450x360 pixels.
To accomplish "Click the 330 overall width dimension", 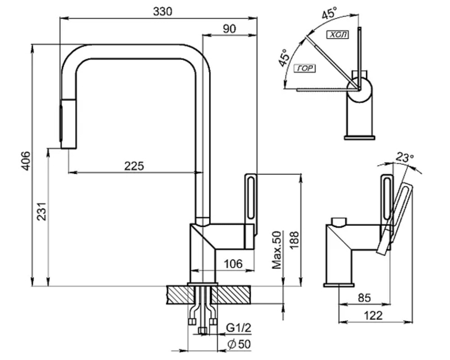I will tap(162, 12).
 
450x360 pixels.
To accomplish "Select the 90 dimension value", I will tap(229, 29).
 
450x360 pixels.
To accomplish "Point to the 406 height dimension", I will tap(26, 160).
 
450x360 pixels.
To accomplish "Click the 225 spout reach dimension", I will tap(134, 166).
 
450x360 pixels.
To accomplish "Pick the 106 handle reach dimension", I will tap(233, 264).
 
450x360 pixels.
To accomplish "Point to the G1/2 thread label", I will tap(238, 328).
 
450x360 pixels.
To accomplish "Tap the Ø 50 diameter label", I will tap(239, 344).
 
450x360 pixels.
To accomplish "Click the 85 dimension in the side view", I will tap(364, 297).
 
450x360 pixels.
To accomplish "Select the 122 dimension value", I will tap(373, 315).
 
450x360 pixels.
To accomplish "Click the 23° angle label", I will tap(405, 157).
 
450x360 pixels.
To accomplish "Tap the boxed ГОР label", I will tap(305, 68).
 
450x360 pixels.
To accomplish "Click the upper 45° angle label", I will tap(329, 13).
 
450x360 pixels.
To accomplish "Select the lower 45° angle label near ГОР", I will tap(284, 58).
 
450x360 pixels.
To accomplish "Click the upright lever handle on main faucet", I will tap(251, 202).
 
